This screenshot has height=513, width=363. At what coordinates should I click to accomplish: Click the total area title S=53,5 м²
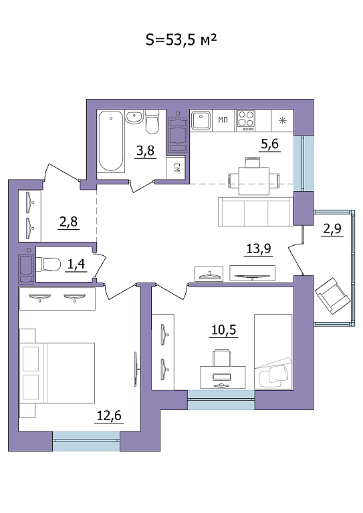[x=181, y=40]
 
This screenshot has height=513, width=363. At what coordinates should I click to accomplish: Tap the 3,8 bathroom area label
[x=145, y=151]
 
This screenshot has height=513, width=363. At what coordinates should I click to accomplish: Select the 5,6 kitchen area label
[x=269, y=144]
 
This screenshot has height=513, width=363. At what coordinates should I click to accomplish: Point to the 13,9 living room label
[x=259, y=248]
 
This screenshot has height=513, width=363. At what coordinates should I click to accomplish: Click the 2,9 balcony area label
[x=332, y=228]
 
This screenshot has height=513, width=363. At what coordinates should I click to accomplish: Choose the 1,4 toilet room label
[x=76, y=264]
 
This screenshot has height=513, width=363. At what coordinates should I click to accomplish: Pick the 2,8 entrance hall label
[x=68, y=222]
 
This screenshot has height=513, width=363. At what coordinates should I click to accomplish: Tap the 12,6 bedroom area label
[x=109, y=415]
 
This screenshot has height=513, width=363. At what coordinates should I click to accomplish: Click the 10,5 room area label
[x=224, y=330]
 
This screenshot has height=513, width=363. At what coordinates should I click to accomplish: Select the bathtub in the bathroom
[x=111, y=141]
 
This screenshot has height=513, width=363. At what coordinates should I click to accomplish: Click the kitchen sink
[x=201, y=120]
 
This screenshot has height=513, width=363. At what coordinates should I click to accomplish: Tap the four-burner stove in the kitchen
[x=246, y=120]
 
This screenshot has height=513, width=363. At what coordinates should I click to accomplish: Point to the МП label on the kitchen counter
[x=223, y=120]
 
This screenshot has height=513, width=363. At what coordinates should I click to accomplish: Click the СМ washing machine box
[x=176, y=168]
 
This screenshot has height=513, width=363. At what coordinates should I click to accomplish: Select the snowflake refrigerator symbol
[x=282, y=121]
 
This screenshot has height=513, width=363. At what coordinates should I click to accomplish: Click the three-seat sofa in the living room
[x=255, y=212]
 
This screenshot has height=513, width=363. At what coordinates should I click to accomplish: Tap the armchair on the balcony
[x=332, y=296]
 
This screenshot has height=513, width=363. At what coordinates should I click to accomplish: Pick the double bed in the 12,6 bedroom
[x=57, y=373]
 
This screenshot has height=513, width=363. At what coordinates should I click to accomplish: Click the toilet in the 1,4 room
[x=48, y=265]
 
